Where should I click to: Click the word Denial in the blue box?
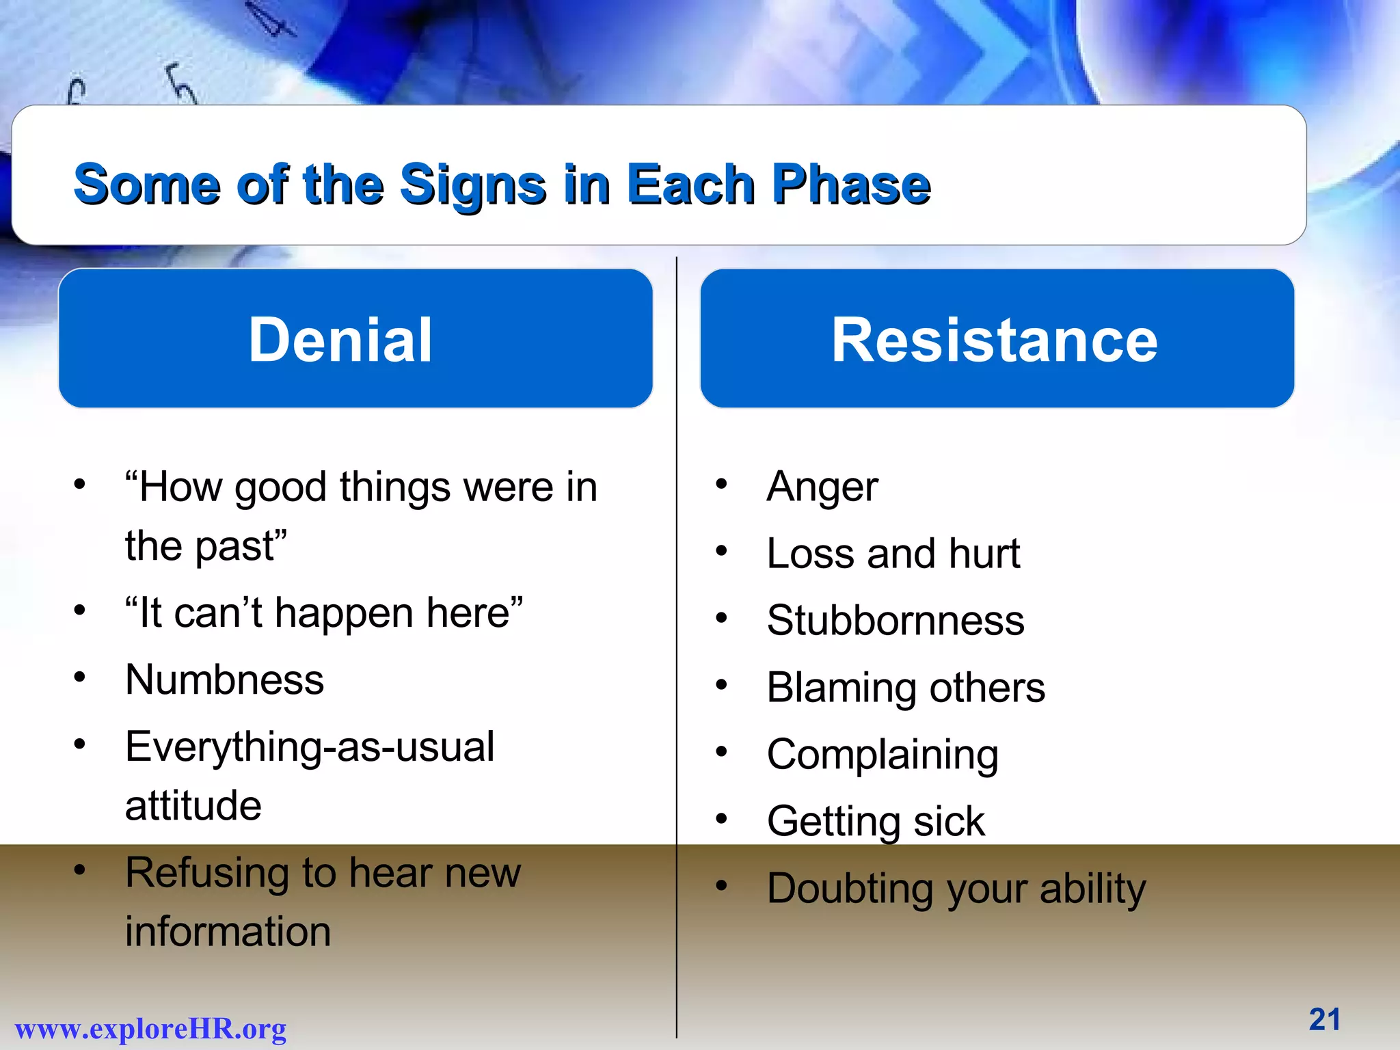340,340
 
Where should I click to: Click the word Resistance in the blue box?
995,340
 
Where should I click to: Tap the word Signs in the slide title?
473,185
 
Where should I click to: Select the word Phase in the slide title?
851,185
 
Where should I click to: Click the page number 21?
1324,1019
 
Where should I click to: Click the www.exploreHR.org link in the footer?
150,1029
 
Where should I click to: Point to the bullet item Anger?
822,487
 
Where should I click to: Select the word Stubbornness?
896,621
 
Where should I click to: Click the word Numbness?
225,680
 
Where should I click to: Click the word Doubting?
850,889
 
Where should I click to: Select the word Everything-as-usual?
310,747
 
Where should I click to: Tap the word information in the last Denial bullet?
228,932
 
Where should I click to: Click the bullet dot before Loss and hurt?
721,551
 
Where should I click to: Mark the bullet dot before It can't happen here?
80,609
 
